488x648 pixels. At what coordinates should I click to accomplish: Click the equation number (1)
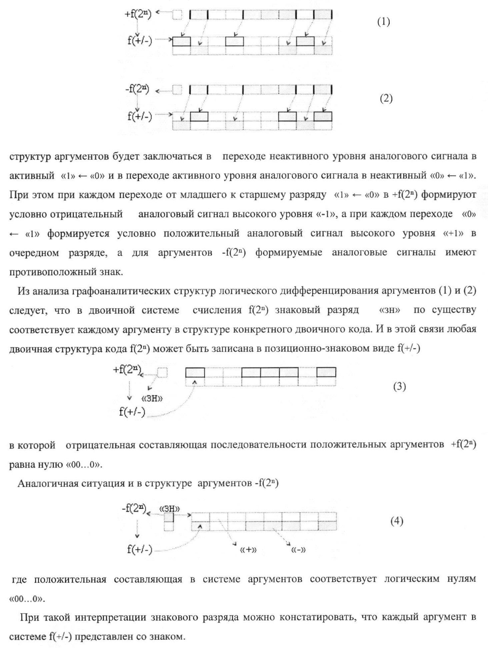coord(383,22)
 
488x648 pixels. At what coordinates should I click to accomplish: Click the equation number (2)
coord(386,99)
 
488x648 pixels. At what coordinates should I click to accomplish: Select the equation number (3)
coord(399,386)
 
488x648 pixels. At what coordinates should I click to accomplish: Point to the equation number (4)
coord(397,521)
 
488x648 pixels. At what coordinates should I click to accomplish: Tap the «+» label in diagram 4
coord(248,550)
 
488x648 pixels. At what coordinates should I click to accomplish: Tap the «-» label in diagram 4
coord(299,550)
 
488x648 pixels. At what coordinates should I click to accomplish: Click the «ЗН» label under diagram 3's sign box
coord(152,398)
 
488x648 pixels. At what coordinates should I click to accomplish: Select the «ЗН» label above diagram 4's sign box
coord(170,509)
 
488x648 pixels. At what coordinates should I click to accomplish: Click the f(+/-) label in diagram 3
coord(132,412)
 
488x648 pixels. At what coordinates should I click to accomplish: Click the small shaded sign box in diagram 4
coord(169,517)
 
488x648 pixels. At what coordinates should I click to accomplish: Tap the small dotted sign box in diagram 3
coord(162,372)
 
